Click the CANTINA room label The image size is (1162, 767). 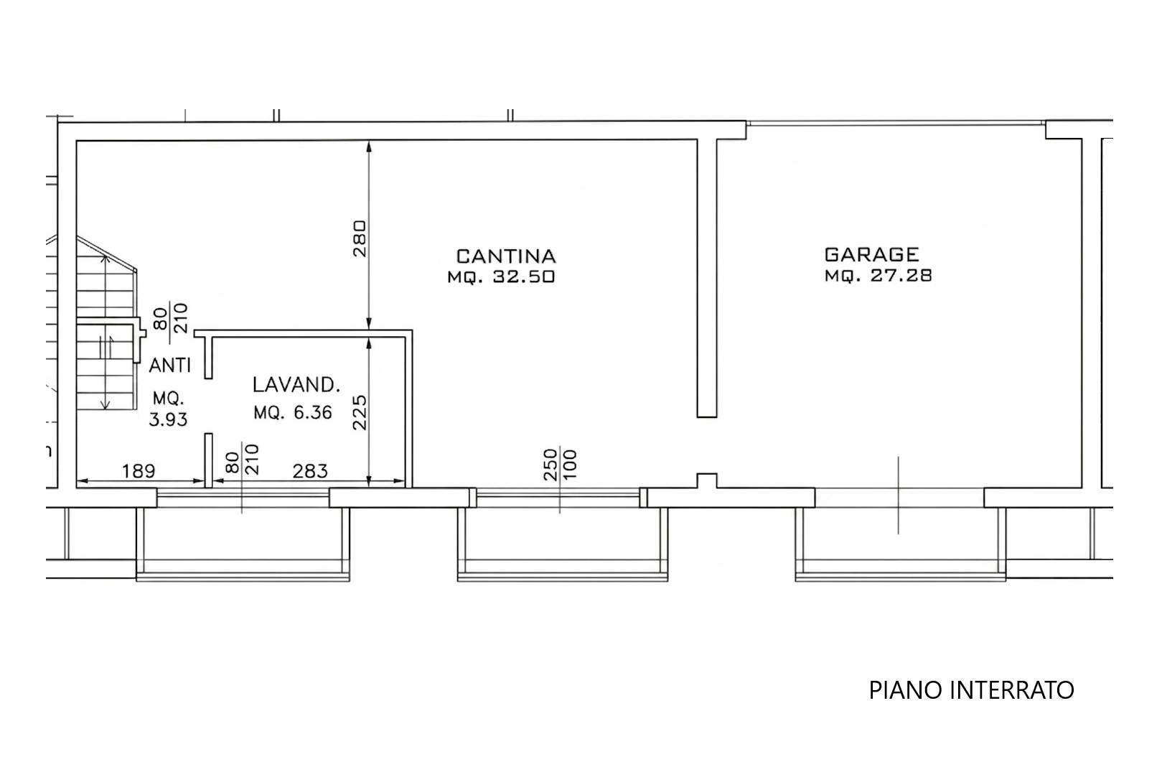click(506, 256)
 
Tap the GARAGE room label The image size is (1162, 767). click(871, 254)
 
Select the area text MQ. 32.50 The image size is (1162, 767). click(501, 276)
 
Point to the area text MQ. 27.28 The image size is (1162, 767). click(878, 275)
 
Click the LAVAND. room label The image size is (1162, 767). click(296, 384)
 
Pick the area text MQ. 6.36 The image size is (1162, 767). click(293, 412)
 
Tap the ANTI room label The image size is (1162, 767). click(169, 366)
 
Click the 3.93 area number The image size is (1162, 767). click(168, 419)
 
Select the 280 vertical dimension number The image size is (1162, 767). click(360, 238)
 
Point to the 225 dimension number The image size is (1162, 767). click(360, 412)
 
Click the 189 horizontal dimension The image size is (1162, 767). click(139, 470)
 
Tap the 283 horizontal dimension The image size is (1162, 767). click(310, 470)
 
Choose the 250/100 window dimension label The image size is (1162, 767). click(561, 465)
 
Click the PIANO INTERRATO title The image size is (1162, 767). click(971, 690)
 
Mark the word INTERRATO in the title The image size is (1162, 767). click(1012, 690)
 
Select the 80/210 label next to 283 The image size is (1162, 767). click(242, 459)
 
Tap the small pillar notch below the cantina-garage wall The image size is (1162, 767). click(706, 480)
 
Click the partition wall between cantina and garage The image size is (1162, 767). click(706, 278)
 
